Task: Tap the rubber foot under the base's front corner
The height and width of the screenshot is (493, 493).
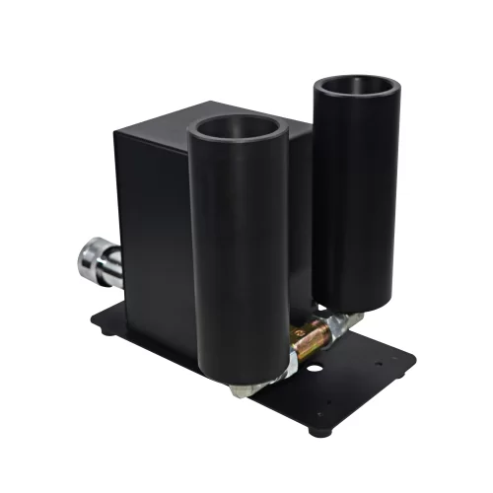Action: tap(317, 430)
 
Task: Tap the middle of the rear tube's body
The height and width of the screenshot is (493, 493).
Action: tap(357, 197)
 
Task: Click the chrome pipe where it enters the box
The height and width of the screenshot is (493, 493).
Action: tap(116, 267)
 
